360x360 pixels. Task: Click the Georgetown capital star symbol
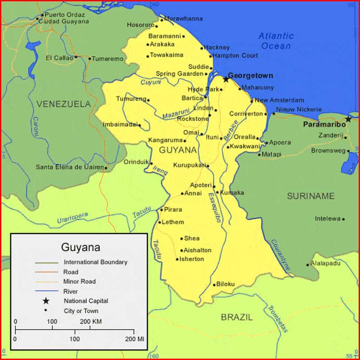coord(226,79)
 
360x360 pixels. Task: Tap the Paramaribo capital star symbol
coord(348,119)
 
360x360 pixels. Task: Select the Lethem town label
coord(173,222)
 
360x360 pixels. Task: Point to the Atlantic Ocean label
coord(276,41)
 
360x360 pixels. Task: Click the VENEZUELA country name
coord(63,104)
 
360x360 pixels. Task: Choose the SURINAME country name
coord(311,196)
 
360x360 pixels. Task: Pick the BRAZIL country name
coord(237,317)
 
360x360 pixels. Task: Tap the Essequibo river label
coord(215,207)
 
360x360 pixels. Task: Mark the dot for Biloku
coord(214,284)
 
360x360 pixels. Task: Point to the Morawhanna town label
coord(183,19)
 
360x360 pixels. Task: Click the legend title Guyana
coord(81,247)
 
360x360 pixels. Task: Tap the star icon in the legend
coord(45,301)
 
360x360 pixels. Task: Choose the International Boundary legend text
coord(95,262)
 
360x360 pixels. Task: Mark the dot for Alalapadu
coord(308,265)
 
